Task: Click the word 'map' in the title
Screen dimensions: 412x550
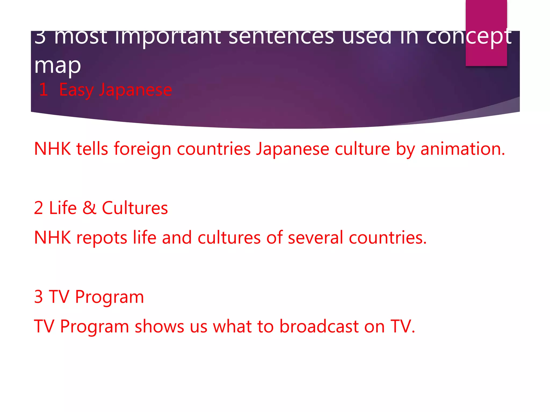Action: pos(57,66)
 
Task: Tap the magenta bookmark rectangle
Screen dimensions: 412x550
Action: pos(486,16)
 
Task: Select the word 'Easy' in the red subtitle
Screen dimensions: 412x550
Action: pos(76,90)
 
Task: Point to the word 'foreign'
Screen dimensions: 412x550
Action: pos(142,149)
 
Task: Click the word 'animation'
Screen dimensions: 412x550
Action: pos(462,149)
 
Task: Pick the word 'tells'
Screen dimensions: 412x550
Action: pos(92,149)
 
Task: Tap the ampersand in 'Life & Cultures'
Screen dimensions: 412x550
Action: pos(89,208)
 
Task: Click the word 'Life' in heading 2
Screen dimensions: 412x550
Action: pos(63,208)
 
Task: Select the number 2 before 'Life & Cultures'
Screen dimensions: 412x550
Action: pos(39,208)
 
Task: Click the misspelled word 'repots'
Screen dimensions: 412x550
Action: pos(102,238)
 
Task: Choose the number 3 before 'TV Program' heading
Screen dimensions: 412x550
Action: pos(39,297)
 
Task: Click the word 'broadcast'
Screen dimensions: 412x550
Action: pos(319,326)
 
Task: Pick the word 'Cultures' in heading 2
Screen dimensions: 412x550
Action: pos(135,208)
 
